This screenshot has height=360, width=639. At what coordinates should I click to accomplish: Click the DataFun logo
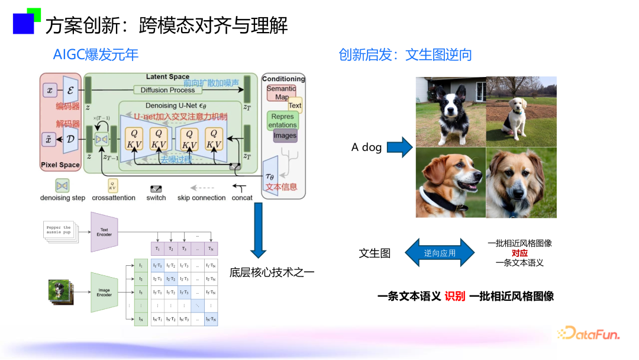[x=588, y=334]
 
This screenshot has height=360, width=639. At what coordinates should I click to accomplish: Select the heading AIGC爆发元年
[x=95, y=55]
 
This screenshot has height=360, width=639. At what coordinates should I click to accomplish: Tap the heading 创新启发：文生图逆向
[x=405, y=55]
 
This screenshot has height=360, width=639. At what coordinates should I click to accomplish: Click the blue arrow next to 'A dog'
[x=399, y=147]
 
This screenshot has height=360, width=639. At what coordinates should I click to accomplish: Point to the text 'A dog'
[x=366, y=147]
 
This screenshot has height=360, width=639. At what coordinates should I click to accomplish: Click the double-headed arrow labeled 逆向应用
[x=440, y=253]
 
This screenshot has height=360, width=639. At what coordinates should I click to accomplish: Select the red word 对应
[x=519, y=253]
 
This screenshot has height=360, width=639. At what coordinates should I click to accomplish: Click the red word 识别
[x=455, y=296]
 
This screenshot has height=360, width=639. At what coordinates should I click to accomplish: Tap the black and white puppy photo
[x=450, y=111]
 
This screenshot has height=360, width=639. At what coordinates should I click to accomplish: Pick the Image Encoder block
[x=104, y=292]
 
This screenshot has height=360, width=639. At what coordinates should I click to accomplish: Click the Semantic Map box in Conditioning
[x=281, y=93]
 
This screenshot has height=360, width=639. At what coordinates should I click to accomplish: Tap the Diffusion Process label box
[x=167, y=90]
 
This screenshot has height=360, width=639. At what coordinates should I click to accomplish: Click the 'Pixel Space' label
[x=60, y=165]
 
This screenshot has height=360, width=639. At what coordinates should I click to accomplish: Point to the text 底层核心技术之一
[x=272, y=272]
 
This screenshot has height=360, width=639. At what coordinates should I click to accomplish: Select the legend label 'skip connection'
[x=201, y=198]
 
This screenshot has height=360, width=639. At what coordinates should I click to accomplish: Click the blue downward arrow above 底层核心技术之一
[x=259, y=231]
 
